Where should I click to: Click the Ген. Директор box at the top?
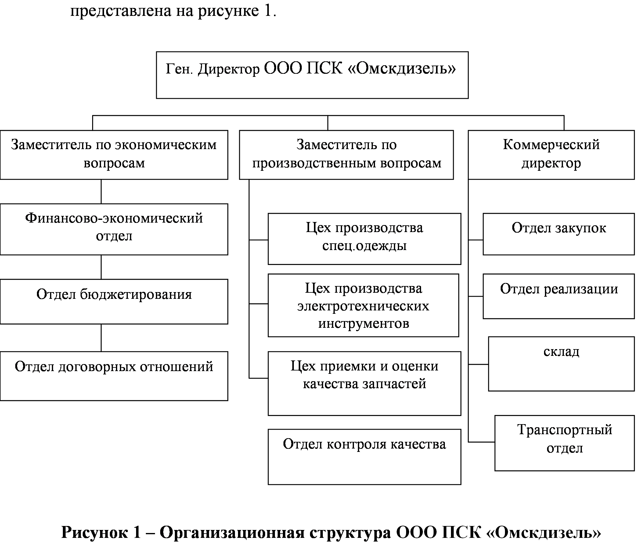[312, 75]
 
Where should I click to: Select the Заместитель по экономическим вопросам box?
[114, 155]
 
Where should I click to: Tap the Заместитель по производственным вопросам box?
[346, 155]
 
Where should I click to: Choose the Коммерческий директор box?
[551, 155]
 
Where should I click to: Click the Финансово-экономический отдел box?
[114, 229]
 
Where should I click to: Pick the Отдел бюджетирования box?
[114, 302]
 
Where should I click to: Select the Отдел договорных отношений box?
[114, 376]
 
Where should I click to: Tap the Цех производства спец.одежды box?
[365, 239]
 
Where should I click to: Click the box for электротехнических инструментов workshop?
[363, 305]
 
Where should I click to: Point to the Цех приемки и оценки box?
[365, 383]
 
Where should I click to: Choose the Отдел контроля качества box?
[365, 457]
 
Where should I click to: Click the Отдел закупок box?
[559, 234]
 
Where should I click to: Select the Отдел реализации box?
[559, 296]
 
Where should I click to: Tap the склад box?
[561, 364]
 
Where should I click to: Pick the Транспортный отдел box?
[564, 443]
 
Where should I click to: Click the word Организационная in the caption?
[232, 533]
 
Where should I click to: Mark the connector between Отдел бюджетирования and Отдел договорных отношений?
[101, 338]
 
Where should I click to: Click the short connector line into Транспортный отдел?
[481, 442]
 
